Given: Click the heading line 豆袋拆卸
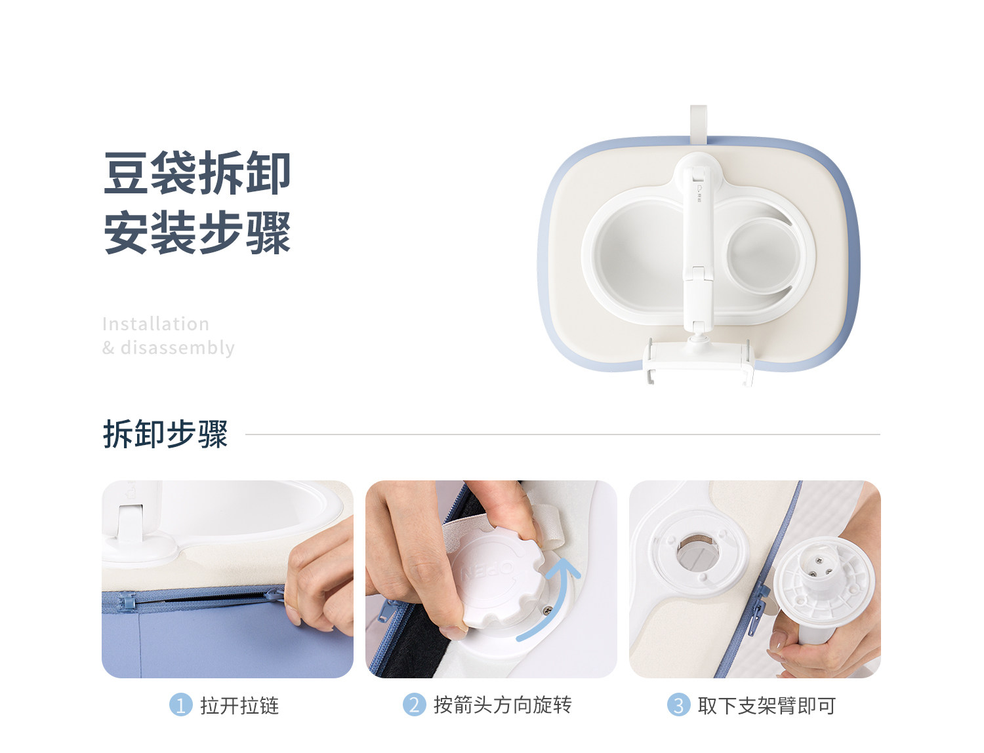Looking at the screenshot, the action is (197, 173).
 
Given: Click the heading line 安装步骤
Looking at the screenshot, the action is (197, 232).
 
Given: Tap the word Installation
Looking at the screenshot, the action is (155, 324).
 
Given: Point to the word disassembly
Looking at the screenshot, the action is (178, 348).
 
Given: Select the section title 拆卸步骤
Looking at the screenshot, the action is (165, 434).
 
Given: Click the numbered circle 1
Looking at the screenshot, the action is (180, 705).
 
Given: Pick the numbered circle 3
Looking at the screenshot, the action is (678, 705).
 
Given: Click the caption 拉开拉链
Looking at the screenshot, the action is (239, 706).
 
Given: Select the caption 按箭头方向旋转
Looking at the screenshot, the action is (502, 705).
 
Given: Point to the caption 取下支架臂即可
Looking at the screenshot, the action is (767, 706).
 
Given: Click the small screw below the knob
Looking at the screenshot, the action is (547, 611).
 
